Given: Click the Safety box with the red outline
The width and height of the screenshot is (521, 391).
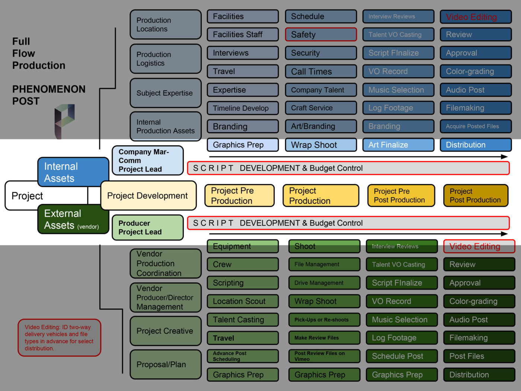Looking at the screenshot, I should (321, 35).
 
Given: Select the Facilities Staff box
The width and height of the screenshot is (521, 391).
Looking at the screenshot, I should (243, 35).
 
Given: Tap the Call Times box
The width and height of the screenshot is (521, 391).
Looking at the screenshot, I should (321, 71).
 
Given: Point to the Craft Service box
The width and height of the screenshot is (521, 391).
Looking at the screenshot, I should (321, 108).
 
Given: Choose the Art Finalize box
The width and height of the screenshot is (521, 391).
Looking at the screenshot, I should (398, 145).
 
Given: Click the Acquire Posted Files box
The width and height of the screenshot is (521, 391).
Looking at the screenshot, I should (476, 126).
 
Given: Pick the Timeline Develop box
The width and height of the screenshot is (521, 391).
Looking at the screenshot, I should (243, 108).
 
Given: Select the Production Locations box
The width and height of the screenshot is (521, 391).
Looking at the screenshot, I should (166, 25).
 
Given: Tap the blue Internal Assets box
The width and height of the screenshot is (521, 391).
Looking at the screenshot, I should (73, 172).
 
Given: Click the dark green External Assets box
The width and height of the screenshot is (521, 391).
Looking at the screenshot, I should (73, 219).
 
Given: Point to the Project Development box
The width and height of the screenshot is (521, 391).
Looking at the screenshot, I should (148, 195).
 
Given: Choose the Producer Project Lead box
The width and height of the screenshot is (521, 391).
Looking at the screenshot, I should (148, 228).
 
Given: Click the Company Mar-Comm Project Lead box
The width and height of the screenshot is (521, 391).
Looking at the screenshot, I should (148, 160).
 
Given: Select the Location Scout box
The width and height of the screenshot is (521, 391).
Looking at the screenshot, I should (243, 301).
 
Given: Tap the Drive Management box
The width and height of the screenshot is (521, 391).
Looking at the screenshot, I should (324, 283).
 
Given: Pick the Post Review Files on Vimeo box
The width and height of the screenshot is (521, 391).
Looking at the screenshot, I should (324, 356).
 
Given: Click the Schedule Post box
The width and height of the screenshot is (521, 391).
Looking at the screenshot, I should (402, 356).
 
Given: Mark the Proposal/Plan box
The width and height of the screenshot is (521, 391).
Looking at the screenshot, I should (166, 365).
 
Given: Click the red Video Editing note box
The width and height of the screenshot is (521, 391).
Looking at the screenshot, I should (60, 338).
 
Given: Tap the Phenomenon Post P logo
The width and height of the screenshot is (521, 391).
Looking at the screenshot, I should (65, 121).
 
